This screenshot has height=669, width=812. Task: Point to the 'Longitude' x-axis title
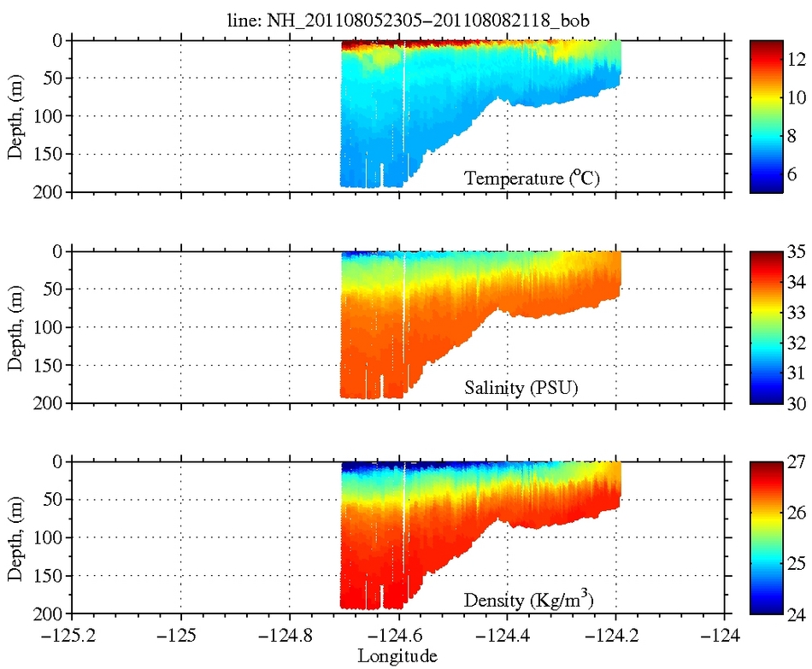[x=397, y=656]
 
